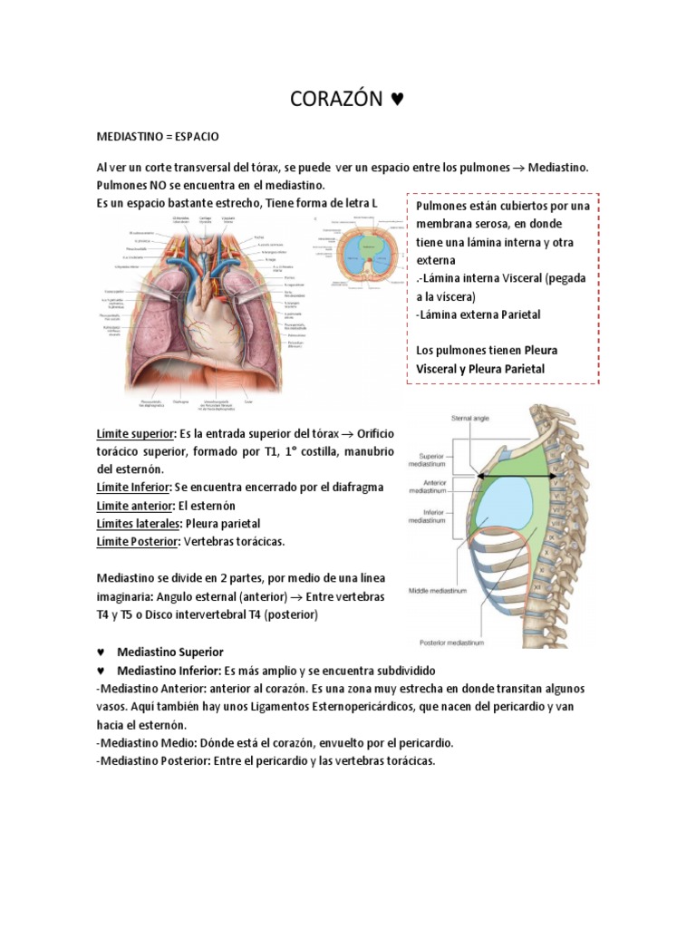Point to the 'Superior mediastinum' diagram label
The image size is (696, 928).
pos(442,461)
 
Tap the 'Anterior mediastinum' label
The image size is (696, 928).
pos(442,488)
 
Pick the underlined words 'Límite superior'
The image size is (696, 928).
pos(137,434)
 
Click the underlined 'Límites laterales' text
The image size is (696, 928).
pos(138,524)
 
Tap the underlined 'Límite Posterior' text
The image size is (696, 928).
pos(137,542)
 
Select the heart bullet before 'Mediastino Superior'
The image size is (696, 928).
pos(101,652)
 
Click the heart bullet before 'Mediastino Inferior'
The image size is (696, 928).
pos(101,671)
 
